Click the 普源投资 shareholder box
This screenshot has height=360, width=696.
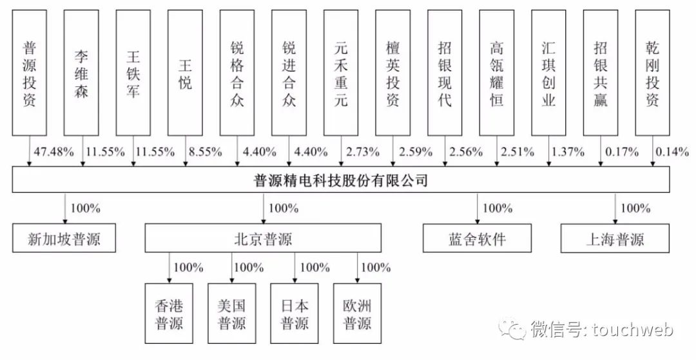pyautogui.click(x=29, y=73)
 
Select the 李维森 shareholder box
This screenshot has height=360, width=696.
pyautogui.click(x=81, y=73)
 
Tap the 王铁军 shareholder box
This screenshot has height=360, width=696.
pyautogui.click(x=133, y=73)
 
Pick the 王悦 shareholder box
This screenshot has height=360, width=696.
pyautogui.click(x=185, y=73)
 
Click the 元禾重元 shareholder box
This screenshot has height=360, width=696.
pyautogui.click(x=341, y=73)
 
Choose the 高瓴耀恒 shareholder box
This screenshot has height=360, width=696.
pyautogui.click(x=497, y=73)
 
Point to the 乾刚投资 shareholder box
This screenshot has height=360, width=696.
pyautogui.click(x=652, y=73)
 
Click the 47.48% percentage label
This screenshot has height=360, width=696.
pyautogui.click(x=50, y=153)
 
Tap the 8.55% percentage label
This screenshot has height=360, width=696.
pyautogui.click(x=205, y=153)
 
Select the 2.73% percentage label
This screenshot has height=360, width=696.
pyautogui.click(x=362, y=153)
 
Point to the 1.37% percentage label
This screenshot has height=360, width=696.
pyautogui.click(x=567, y=153)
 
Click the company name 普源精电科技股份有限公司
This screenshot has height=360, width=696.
pyautogui.click(x=341, y=180)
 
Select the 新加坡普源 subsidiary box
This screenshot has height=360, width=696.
pyautogui.click(x=64, y=240)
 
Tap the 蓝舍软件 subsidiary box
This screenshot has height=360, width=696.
pyautogui.click(x=478, y=240)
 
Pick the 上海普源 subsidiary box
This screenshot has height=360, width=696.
pyautogui.click(x=615, y=240)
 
